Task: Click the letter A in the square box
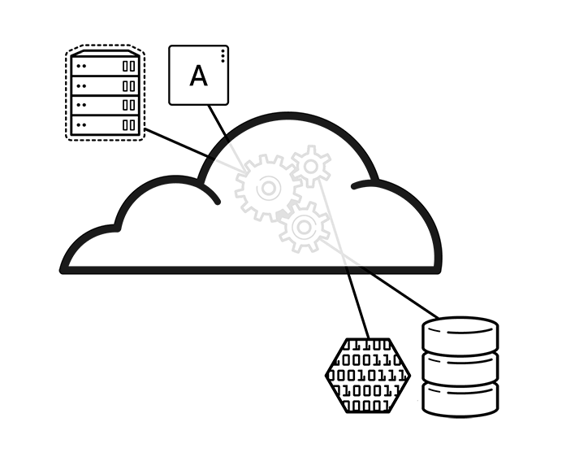pos(198,76)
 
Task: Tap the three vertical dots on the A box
pos(223,54)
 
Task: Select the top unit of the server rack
pos(104,65)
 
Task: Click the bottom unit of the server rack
pos(104,125)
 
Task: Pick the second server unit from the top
pos(104,85)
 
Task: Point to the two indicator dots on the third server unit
pos(80,105)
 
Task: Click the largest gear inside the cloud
pos(266,188)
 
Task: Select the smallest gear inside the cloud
pos(311,166)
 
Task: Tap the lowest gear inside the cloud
pos(304,227)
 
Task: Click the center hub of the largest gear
pos(266,188)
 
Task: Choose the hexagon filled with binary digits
pos(368,375)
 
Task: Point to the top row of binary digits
pos(370,346)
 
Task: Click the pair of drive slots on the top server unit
pos(129,65)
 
